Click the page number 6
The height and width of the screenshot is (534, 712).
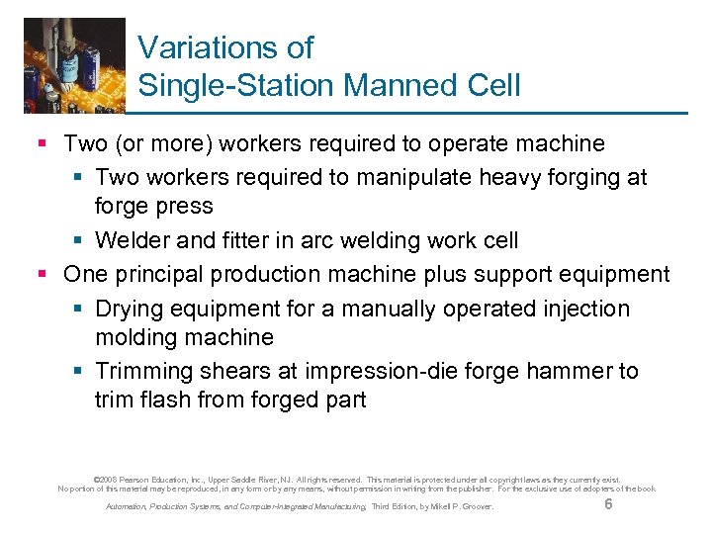coord(608,504)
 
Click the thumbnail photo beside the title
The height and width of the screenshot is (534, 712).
coord(75,64)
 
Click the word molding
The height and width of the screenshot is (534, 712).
coord(136,337)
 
